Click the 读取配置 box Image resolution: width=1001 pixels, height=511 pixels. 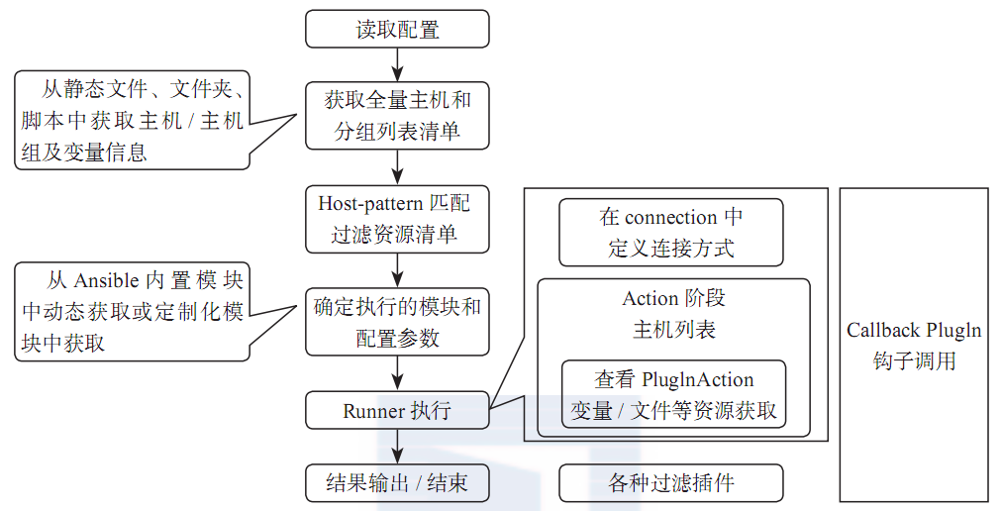(397, 29)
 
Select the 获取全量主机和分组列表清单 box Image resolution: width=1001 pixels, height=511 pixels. (397, 114)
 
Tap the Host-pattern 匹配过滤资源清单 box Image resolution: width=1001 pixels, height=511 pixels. (397, 219)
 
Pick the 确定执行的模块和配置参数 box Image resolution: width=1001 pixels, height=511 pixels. (397, 322)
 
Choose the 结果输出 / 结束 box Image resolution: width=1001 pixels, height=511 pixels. (397, 483)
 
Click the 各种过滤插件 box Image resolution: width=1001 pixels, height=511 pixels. (670, 483)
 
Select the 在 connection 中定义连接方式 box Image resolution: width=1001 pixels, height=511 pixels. (670, 233)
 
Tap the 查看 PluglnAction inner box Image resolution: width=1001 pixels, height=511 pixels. (673, 394)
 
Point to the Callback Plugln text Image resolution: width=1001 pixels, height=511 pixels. (913, 331)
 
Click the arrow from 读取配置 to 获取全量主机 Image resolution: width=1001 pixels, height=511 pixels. (397, 64)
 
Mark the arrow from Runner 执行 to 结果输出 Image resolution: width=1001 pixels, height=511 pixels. (397, 447)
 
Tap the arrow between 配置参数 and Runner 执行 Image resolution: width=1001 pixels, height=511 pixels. (397, 374)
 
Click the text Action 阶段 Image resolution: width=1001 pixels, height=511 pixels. (673, 298)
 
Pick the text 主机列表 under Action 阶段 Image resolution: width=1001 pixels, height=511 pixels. (673, 329)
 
